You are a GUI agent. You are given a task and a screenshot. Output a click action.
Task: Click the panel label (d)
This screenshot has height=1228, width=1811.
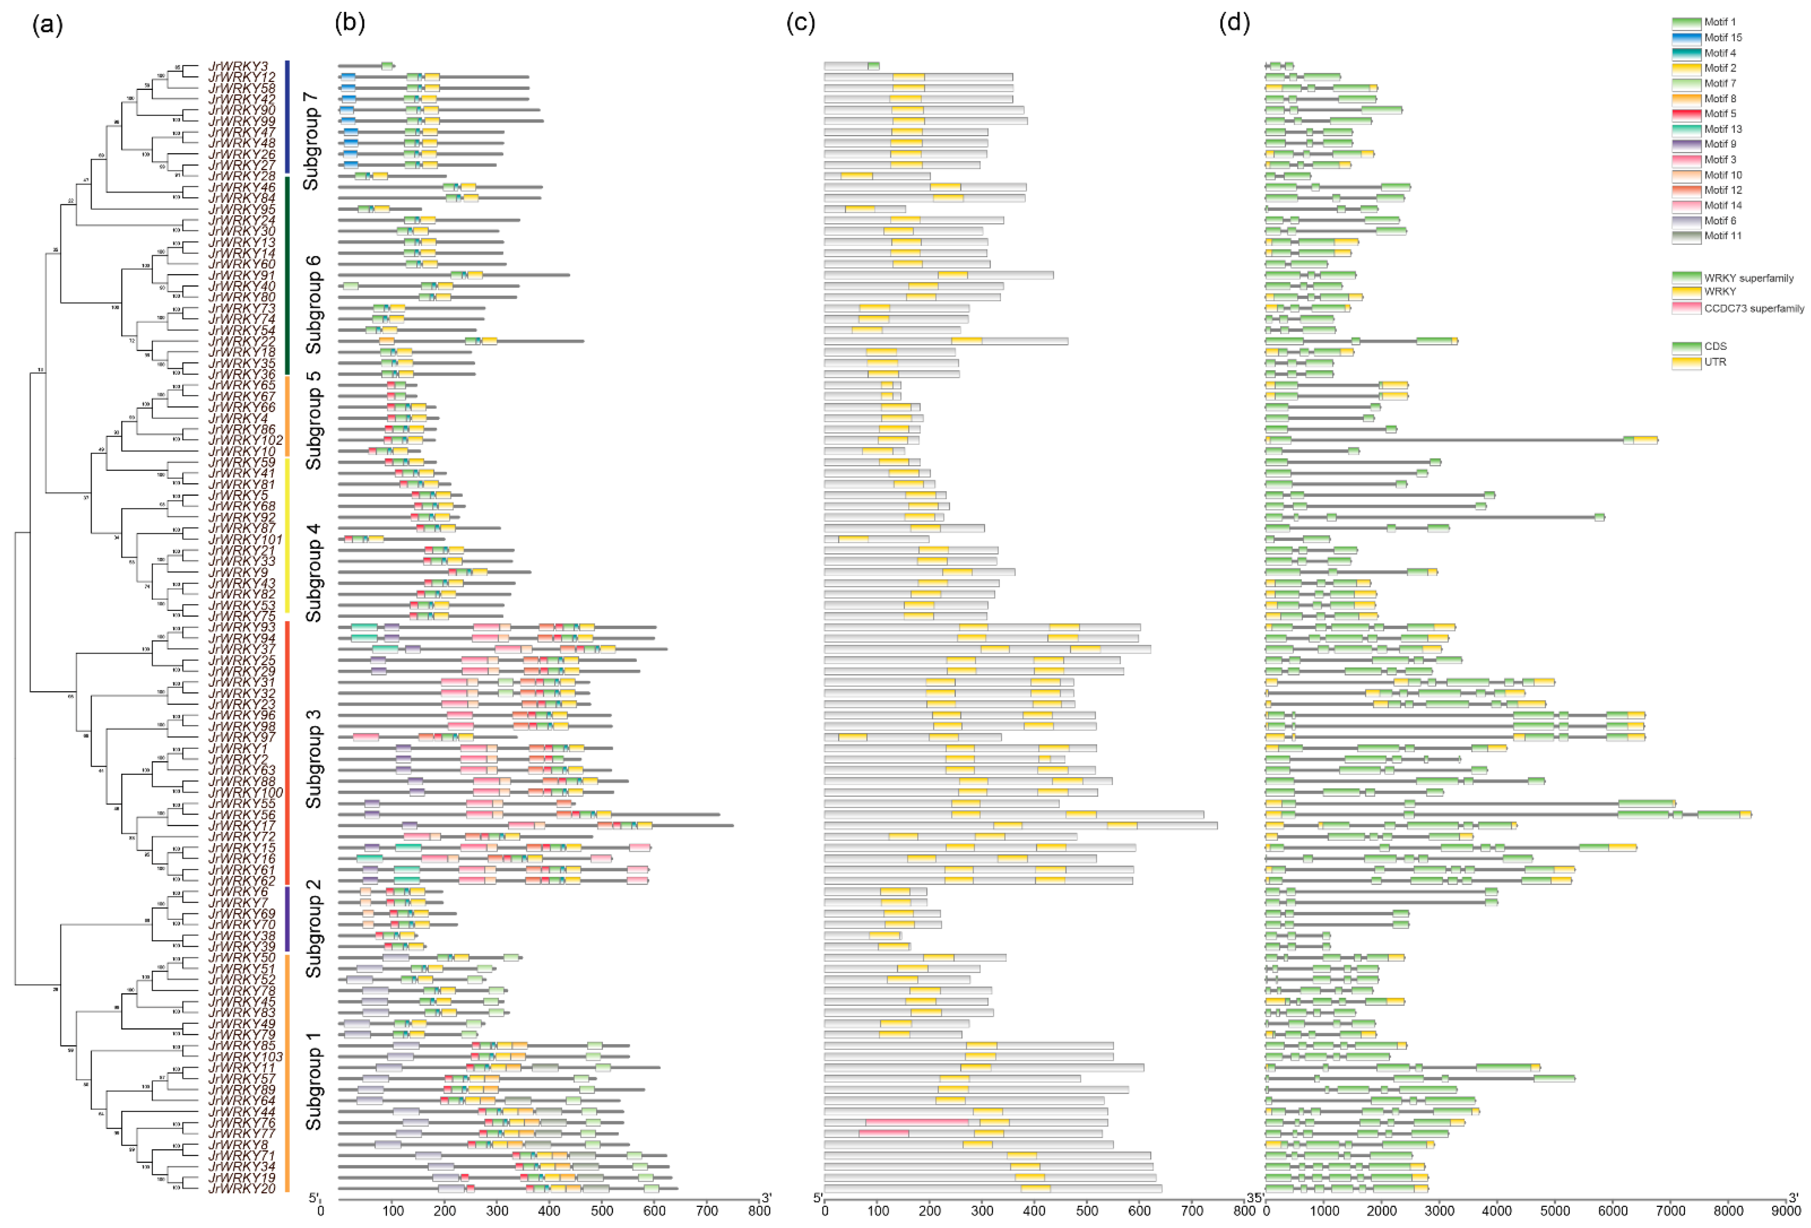coord(1234,23)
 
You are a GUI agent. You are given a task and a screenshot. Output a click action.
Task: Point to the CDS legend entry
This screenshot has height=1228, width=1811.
coord(1714,347)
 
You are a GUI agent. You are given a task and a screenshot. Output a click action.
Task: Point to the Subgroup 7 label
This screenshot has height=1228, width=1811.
coord(311,140)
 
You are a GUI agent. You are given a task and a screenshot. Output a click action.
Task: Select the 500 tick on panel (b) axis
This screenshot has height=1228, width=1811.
coord(602,1211)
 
